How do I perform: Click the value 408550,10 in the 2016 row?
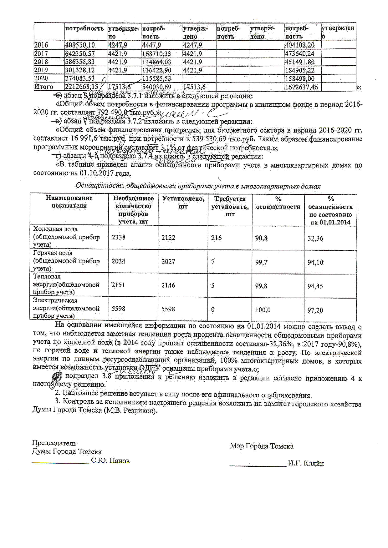coord(80,45)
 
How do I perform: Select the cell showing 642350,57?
coord(80,53)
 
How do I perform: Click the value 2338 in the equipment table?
coord(119,237)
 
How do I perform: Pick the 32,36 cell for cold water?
coord(315,238)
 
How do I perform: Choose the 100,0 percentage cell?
coord(263,310)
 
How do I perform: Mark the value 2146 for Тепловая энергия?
coord(168,285)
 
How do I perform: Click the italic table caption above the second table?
coord(198,186)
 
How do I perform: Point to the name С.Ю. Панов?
coord(110,461)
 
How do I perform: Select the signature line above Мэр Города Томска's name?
coord(258,466)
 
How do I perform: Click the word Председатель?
coord(54,443)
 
